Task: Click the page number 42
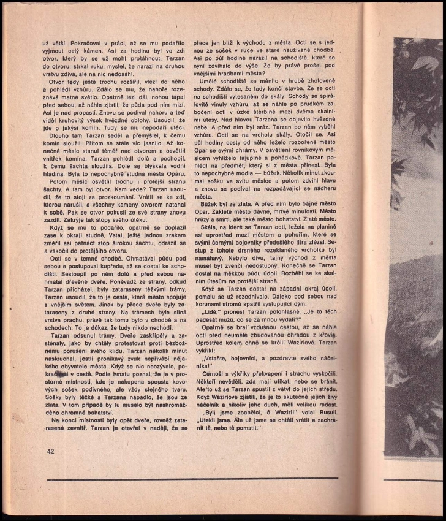(x=50, y=452)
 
